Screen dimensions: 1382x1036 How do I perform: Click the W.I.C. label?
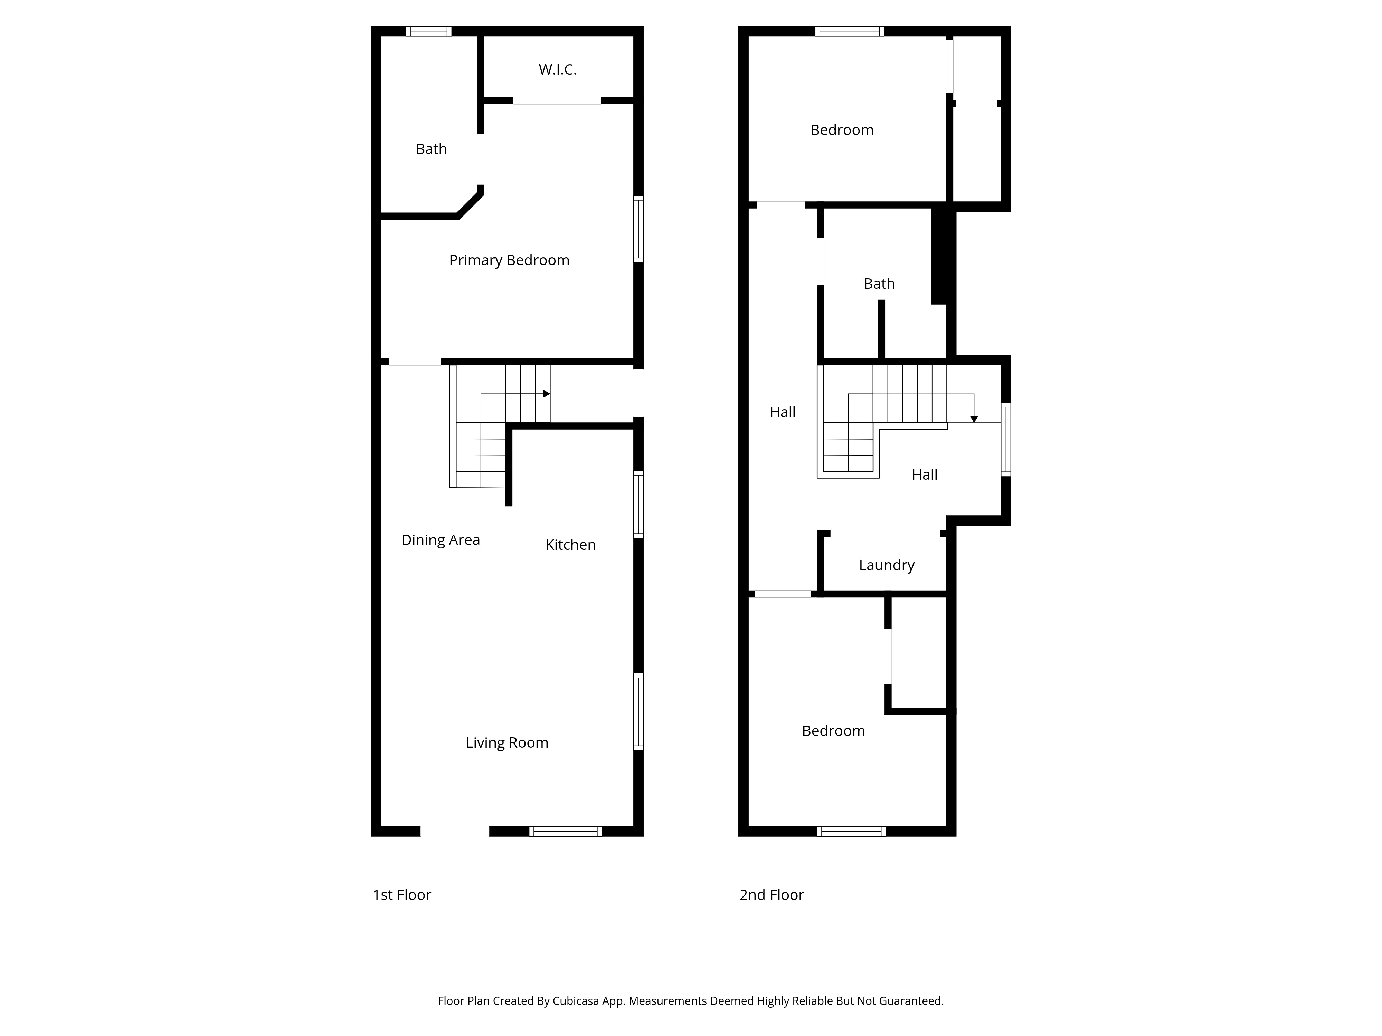tap(557, 69)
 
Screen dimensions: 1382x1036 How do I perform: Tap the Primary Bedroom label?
tap(509, 260)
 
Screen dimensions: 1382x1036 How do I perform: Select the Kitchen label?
tap(570, 545)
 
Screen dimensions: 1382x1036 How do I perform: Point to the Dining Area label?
tap(441, 540)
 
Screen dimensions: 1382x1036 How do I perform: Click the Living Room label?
tap(507, 742)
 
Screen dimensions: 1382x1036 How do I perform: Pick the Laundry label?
tap(887, 565)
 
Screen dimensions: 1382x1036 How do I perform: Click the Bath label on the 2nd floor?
tap(879, 284)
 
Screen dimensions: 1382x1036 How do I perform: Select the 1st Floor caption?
tap(402, 895)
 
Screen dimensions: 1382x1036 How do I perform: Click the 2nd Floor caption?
tap(772, 895)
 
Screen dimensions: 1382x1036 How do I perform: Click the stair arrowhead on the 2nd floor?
tap(974, 419)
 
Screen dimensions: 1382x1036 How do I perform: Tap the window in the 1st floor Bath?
tap(429, 31)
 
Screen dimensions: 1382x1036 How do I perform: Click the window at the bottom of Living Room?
tap(566, 831)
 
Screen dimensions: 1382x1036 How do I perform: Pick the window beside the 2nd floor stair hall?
tap(1006, 440)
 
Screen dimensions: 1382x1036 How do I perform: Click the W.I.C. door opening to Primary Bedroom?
tap(557, 100)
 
